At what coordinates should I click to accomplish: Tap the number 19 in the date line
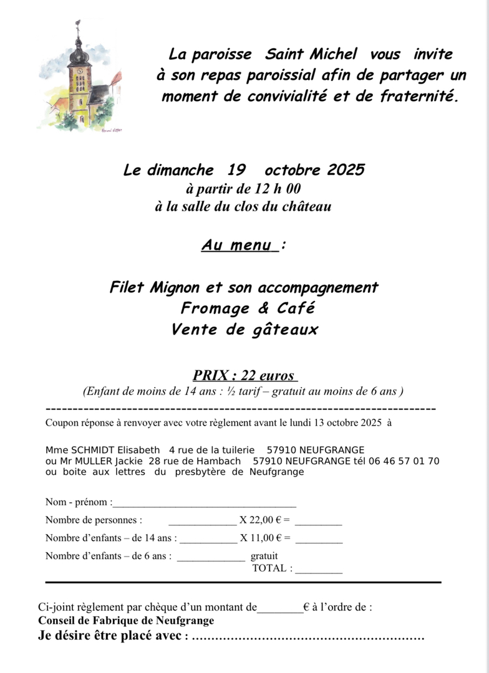(236, 170)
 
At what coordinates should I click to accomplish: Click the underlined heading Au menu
(239, 245)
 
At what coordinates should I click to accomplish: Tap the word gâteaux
(284, 330)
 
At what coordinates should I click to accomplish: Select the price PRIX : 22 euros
(244, 375)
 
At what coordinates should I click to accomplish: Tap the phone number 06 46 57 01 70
(408, 461)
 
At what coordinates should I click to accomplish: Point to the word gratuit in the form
(264, 556)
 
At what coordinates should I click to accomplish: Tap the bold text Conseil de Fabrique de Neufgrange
(126, 621)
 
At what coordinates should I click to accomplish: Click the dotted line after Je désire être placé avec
(308, 637)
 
